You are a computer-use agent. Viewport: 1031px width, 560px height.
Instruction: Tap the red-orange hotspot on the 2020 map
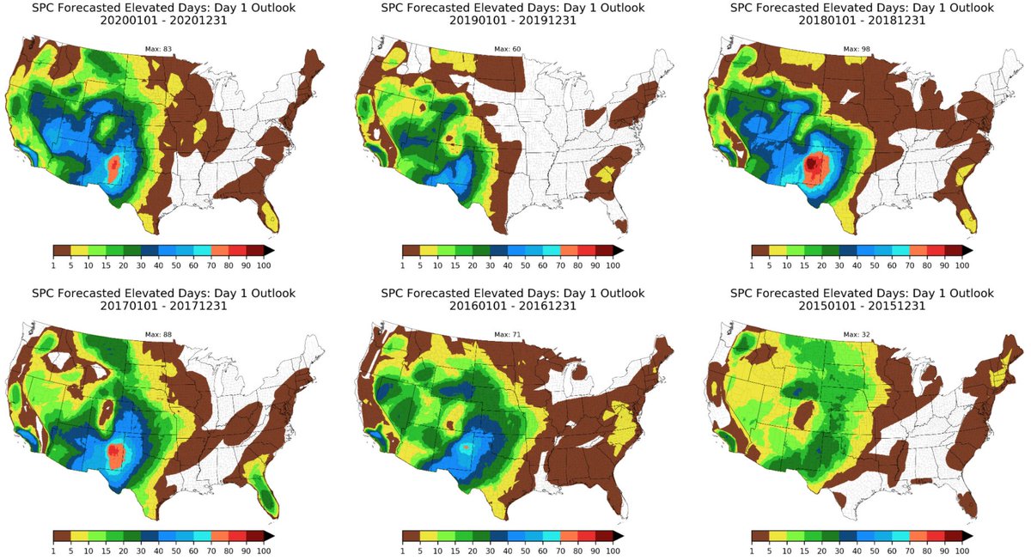115,167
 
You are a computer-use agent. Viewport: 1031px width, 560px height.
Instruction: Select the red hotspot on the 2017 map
115,453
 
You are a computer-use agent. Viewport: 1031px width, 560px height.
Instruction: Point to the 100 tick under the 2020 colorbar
264,265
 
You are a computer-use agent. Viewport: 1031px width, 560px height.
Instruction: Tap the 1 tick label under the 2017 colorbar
53,551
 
